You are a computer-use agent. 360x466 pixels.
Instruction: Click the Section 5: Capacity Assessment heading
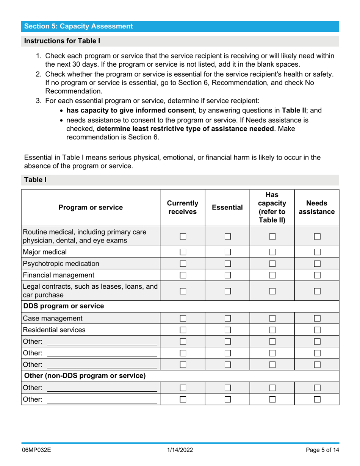[x=78, y=26]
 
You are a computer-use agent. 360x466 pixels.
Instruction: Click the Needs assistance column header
[x=316, y=207]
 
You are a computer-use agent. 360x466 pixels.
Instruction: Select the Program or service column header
[x=91, y=207]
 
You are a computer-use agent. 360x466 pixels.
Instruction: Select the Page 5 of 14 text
[x=322, y=450]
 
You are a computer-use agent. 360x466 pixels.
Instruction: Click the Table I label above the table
[x=35, y=180]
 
